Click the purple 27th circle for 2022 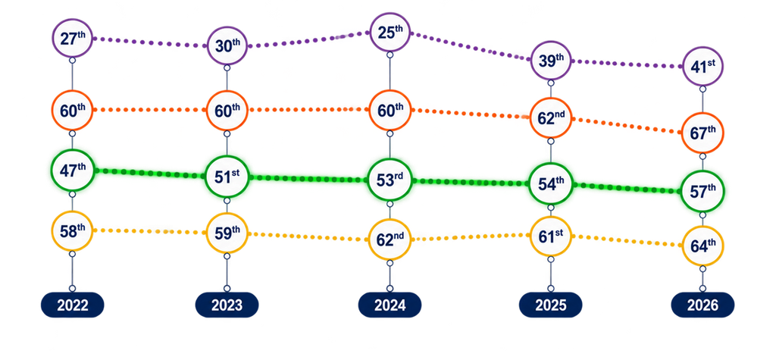point(72,38)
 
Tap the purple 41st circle point(702,66)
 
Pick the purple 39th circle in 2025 point(551,61)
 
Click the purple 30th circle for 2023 point(227,45)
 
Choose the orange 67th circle point(702,133)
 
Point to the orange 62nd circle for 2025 point(551,118)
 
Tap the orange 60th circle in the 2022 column point(72,110)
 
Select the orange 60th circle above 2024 point(390,110)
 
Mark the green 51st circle point(227,177)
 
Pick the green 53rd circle point(390,180)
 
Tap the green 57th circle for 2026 point(702,191)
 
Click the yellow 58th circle point(72,230)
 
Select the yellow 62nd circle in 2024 point(390,239)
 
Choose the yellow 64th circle point(702,246)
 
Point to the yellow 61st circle point(551,236)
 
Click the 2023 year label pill point(227,305)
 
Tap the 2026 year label point(702,305)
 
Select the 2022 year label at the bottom point(72,305)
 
